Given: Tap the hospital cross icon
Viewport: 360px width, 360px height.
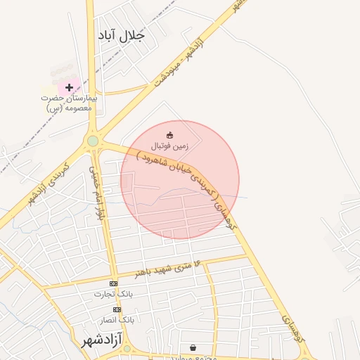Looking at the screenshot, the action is click(x=69, y=88).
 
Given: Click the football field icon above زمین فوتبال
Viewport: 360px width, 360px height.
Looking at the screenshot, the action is click(x=169, y=134).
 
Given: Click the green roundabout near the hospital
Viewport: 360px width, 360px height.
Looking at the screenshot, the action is click(x=93, y=141).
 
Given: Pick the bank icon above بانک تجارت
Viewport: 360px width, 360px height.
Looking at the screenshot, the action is click(x=114, y=283).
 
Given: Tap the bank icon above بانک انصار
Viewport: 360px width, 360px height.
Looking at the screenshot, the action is click(x=117, y=309).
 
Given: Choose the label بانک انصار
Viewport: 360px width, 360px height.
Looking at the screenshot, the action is click(x=117, y=319).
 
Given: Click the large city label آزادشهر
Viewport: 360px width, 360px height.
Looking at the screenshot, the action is click(x=102, y=342).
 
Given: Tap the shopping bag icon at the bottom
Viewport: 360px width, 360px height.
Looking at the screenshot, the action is click(x=193, y=347).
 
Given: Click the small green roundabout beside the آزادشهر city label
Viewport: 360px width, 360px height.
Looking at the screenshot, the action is click(x=128, y=349).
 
